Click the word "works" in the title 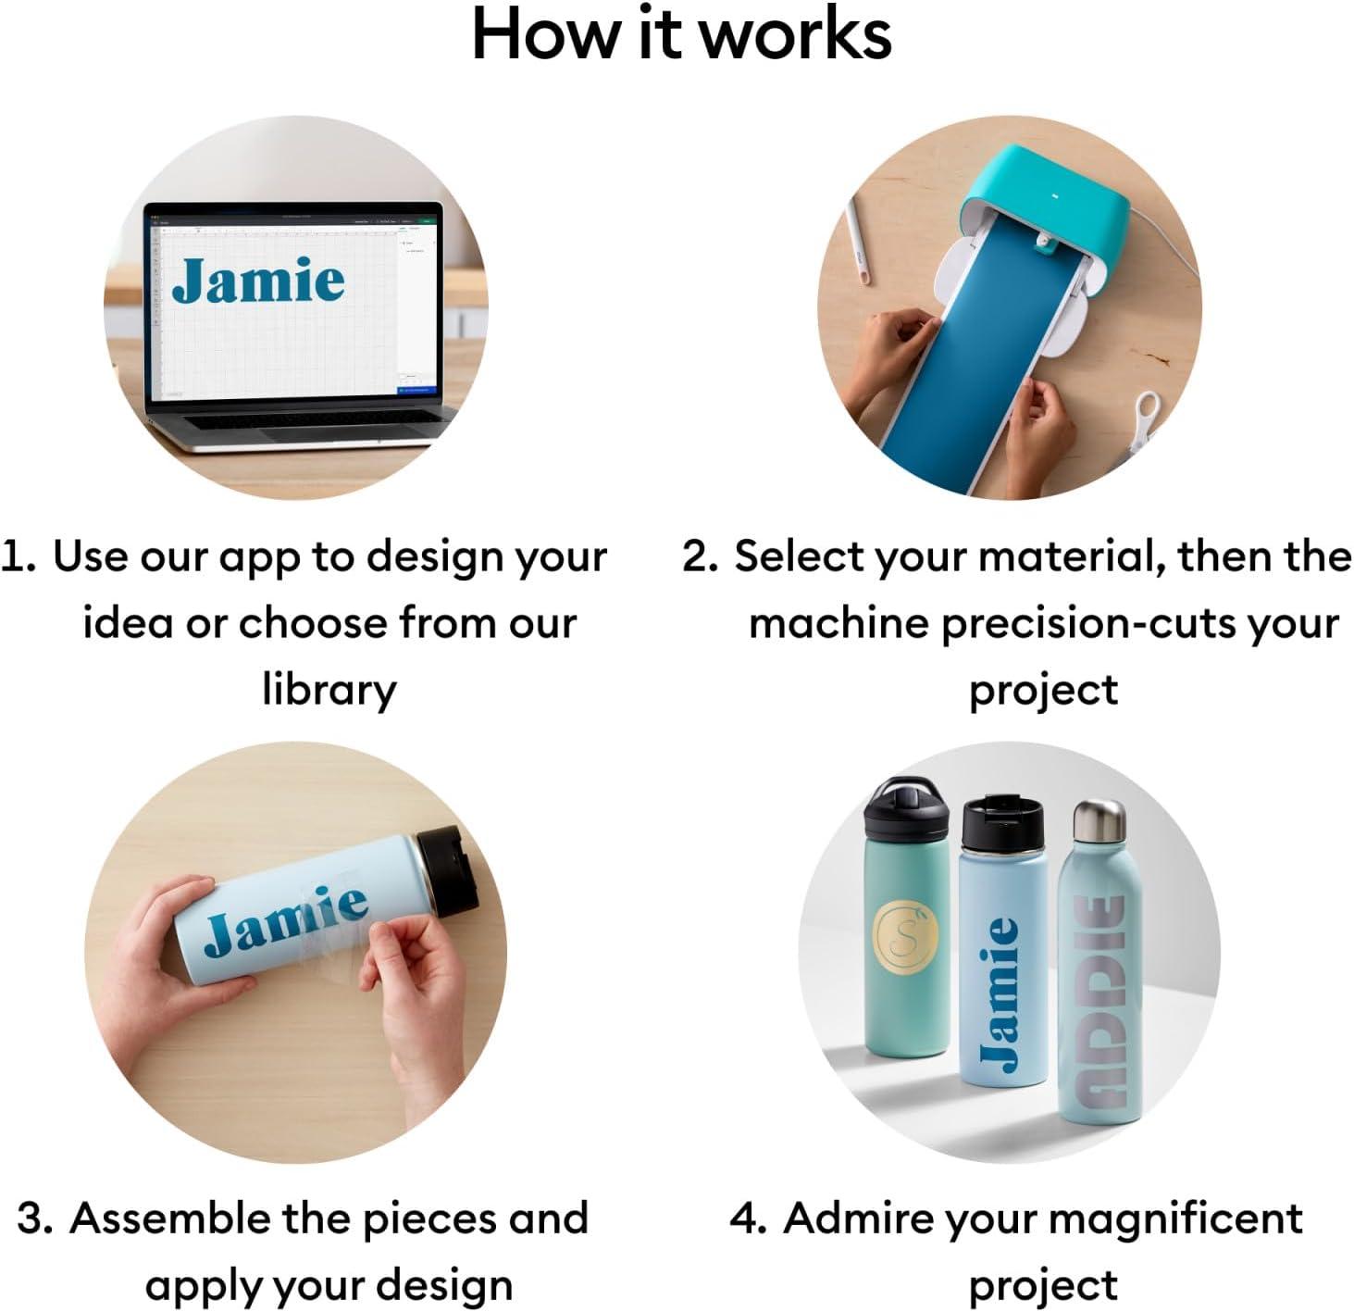(x=795, y=34)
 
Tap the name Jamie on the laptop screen (x=258, y=280)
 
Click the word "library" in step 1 (x=329, y=691)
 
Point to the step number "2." (x=700, y=556)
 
